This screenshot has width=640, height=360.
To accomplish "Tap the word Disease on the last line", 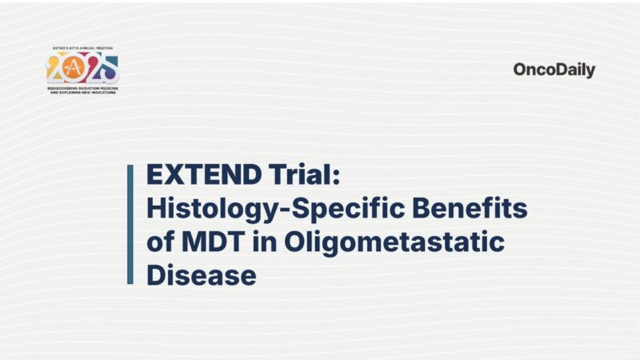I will pyautogui.click(x=201, y=275).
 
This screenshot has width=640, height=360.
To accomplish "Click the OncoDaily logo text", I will pyautogui.click(x=554, y=70).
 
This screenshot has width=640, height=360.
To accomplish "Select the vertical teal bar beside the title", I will pyautogui.click(x=130, y=224).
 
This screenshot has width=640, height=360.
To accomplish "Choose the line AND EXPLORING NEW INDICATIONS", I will pyautogui.click(x=82, y=93).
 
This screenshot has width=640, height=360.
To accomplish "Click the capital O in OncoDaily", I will pyautogui.click(x=520, y=70).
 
